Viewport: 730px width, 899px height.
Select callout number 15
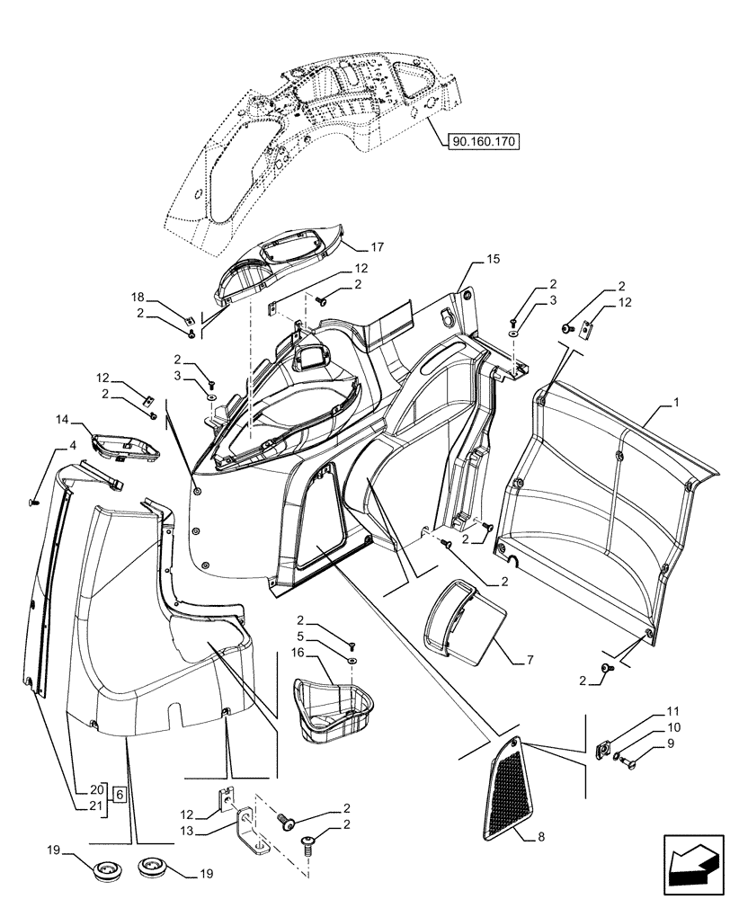[x=492, y=258]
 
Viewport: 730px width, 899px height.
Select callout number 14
[x=62, y=420]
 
